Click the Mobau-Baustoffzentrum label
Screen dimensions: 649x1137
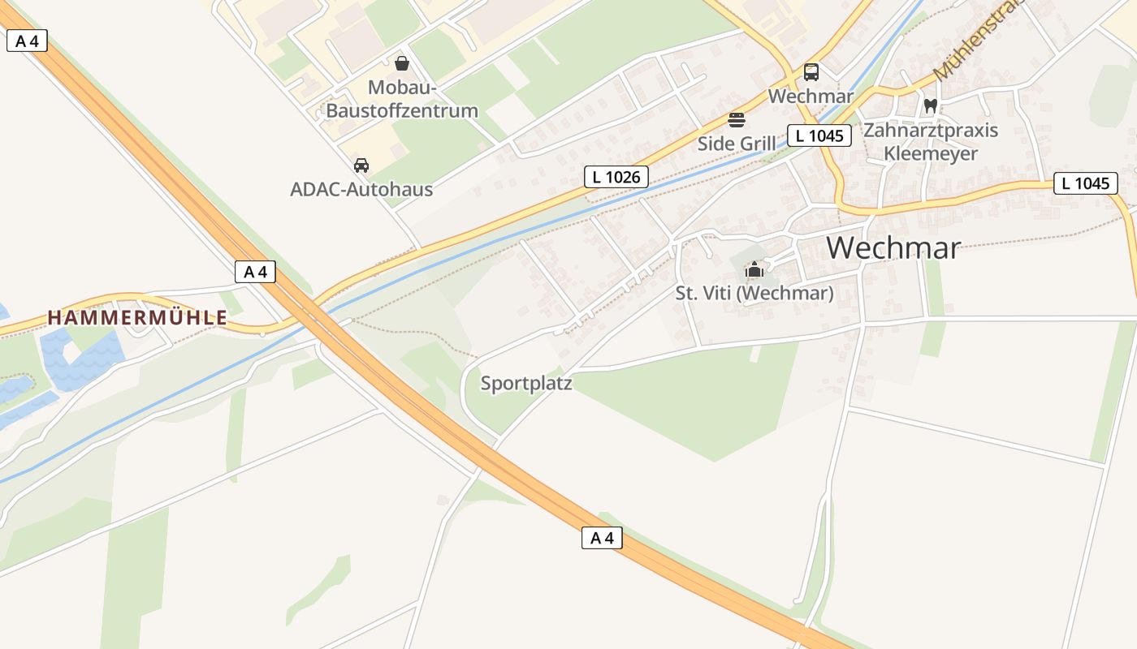pyautogui.click(x=401, y=99)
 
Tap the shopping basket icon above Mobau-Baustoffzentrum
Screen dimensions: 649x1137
pyautogui.click(x=401, y=63)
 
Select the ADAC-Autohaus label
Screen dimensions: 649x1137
pyautogui.click(x=361, y=190)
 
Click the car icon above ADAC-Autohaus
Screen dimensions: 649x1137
pyautogui.click(x=361, y=165)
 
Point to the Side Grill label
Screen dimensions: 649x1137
pyautogui.click(x=737, y=144)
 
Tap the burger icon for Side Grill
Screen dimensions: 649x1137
pyautogui.click(x=737, y=120)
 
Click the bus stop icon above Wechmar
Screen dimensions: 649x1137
pyautogui.click(x=811, y=72)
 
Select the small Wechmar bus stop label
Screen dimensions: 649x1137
pyautogui.click(x=811, y=96)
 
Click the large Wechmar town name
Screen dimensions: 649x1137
pyautogui.click(x=893, y=247)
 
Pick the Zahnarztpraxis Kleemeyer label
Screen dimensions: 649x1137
pyautogui.click(x=931, y=141)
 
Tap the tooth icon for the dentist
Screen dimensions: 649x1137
pyautogui.click(x=931, y=105)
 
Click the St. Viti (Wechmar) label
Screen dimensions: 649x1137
pyautogui.click(x=754, y=293)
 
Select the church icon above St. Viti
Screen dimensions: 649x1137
pyautogui.click(x=754, y=269)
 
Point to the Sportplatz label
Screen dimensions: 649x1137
pyautogui.click(x=526, y=383)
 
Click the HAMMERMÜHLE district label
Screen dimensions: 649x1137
pyautogui.click(x=137, y=318)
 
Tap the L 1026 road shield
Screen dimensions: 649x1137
pyautogui.click(x=616, y=177)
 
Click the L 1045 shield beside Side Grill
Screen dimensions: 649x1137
pyautogui.click(x=819, y=135)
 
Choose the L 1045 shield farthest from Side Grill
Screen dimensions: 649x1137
pyautogui.click(x=1085, y=183)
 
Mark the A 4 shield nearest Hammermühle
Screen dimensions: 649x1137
pyautogui.click(x=255, y=272)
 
